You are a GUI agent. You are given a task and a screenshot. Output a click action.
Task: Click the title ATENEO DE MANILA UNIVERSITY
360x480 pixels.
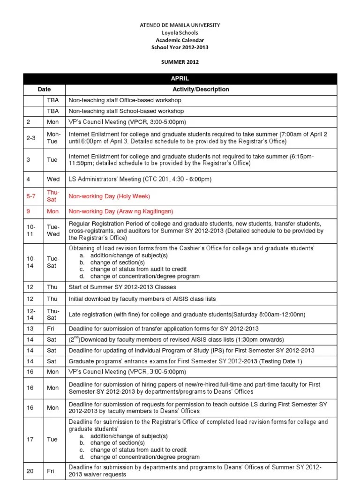(180, 25)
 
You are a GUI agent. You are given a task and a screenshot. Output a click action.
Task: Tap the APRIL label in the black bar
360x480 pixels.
(180, 79)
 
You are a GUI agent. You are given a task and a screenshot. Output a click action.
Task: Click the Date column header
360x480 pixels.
(44, 89)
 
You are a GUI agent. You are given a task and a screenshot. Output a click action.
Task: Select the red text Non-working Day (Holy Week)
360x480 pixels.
(109, 196)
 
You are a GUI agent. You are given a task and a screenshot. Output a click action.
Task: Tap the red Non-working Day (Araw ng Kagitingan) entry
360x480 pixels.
(121, 211)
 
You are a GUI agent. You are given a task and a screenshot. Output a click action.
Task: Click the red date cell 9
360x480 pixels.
(28, 211)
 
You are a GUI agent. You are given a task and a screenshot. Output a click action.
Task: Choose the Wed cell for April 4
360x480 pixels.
(53, 179)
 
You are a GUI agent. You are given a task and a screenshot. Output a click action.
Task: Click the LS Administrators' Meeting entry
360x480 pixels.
(140, 179)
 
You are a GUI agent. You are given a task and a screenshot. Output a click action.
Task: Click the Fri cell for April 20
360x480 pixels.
(50, 471)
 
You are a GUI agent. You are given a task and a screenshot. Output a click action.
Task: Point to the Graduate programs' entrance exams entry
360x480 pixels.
(186, 361)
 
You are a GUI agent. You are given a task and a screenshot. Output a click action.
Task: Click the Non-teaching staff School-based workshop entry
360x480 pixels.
(126, 111)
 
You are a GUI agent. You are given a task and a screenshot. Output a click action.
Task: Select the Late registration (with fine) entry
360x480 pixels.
(187, 314)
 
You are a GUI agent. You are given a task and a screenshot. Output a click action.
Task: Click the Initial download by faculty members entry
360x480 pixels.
(142, 299)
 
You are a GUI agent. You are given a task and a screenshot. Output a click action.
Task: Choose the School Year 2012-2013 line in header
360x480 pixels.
(180, 47)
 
